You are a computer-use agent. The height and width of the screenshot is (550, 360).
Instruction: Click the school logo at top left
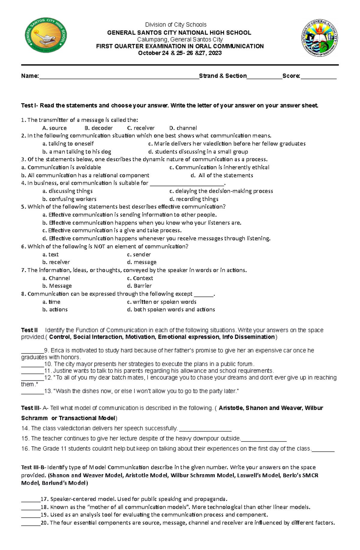(x=46, y=35)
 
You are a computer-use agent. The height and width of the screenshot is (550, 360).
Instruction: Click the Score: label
(x=291, y=76)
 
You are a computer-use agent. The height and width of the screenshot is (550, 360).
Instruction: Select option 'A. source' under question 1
(x=55, y=128)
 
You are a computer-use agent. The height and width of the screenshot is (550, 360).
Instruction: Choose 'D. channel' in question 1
(x=183, y=128)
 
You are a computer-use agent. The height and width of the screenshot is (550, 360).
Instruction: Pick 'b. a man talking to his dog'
(x=77, y=152)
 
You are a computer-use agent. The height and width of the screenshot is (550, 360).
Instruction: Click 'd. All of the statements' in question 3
(x=222, y=175)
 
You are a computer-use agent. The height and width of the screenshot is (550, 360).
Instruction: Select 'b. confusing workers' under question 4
(x=69, y=199)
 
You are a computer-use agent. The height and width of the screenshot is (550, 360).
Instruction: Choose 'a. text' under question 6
(x=50, y=254)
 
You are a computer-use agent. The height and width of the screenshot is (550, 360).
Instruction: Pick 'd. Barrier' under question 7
(x=139, y=286)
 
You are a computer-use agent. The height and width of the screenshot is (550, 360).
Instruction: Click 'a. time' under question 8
(x=51, y=302)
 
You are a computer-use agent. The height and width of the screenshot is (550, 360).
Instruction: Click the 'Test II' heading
(x=29, y=330)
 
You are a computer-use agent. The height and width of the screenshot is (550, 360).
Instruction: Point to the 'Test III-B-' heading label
(x=34, y=467)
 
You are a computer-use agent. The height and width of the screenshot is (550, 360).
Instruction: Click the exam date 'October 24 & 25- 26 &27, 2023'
(x=180, y=53)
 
